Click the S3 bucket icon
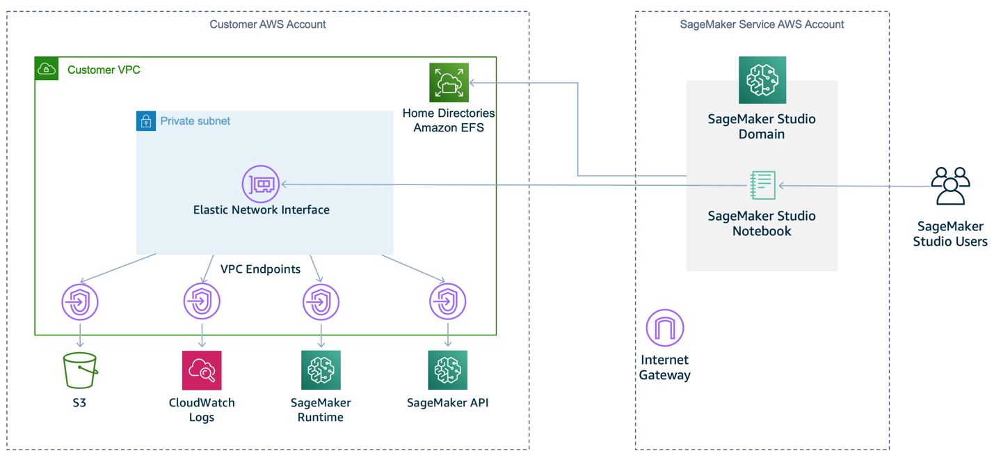(x=80, y=370)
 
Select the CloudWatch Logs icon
(x=202, y=370)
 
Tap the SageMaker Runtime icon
(x=321, y=370)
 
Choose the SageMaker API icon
(x=447, y=370)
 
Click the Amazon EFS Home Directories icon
(x=449, y=82)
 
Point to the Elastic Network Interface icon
(x=261, y=184)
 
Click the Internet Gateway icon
(x=664, y=328)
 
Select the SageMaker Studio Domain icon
(x=762, y=80)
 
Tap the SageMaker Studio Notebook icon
(x=762, y=185)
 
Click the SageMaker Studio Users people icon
(x=950, y=186)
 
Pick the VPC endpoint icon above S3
(x=80, y=302)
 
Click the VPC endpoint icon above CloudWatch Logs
(x=202, y=301)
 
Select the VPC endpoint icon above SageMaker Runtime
(x=321, y=302)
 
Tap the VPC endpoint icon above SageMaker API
(x=447, y=301)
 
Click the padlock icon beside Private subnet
(x=146, y=121)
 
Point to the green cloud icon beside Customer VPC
(x=47, y=69)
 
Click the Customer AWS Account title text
(x=268, y=24)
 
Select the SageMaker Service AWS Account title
(x=762, y=24)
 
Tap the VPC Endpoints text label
(x=260, y=269)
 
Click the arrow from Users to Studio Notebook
(x=856, y=186)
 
